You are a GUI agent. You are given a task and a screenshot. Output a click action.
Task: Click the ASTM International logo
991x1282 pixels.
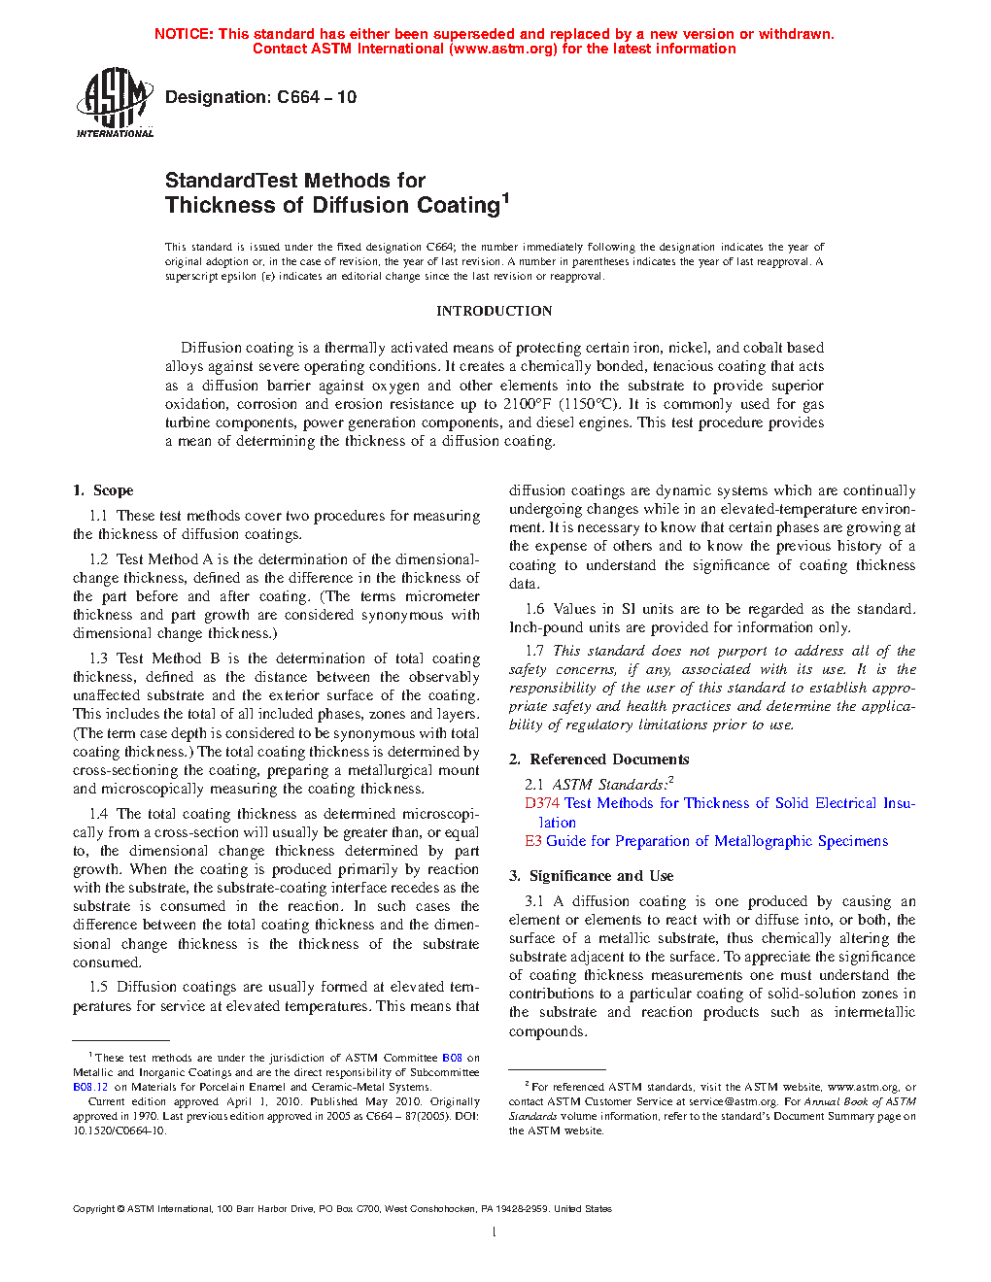(x=115, y=102)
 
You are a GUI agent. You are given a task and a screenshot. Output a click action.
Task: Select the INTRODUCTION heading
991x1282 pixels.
(x=494, y=311)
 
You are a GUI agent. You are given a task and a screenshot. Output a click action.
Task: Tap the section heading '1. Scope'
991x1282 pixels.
(x=103, y=490)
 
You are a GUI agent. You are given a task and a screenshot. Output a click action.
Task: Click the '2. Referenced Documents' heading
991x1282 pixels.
(x=599, y=759)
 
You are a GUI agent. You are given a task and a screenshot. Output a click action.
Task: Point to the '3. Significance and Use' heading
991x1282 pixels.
(x=591, y=876)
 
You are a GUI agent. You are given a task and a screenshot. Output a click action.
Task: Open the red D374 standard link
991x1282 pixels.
(x=541, y=803)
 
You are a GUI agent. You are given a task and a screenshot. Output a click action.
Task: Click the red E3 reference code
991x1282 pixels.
(x=533, y=841)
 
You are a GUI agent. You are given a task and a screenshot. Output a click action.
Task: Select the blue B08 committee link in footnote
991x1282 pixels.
(x=452, y=1058)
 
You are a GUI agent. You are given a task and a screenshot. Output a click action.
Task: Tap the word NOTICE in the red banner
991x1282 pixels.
(x=184, y=34)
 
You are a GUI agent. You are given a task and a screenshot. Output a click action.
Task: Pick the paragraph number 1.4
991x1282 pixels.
(x=98, y=814)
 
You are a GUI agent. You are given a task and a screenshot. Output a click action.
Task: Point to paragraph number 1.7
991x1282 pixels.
(x=534, y=651)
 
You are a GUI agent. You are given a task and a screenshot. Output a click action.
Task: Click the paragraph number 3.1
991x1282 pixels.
(x=534, y=901)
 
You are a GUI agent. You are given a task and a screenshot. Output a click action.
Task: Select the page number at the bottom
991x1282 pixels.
(x=495, y=1232)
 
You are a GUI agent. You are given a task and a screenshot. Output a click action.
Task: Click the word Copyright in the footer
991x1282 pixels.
(x=94, y=1209)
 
